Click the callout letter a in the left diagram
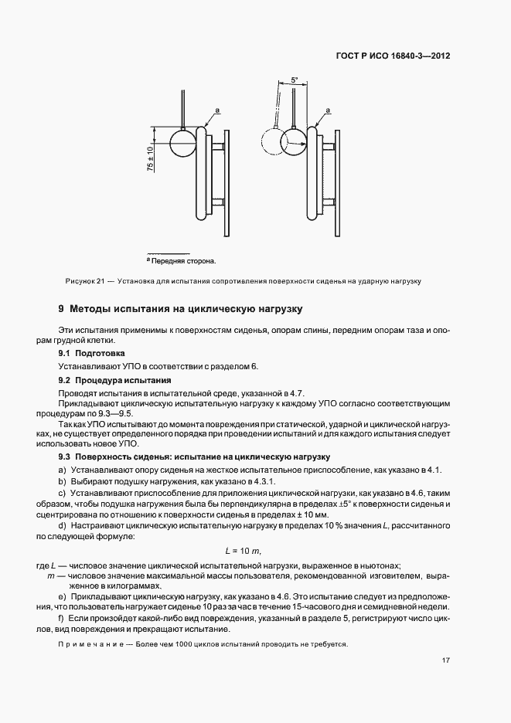pyautogui.click(x=219, y=111)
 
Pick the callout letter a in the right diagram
pyautogui.click(x=330, y=111)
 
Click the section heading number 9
pyautogui.click(x=61, y=309)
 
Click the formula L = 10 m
pyautogui.click(x=243, y=550)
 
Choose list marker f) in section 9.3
pyautogui.click(x=62, y=619)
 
